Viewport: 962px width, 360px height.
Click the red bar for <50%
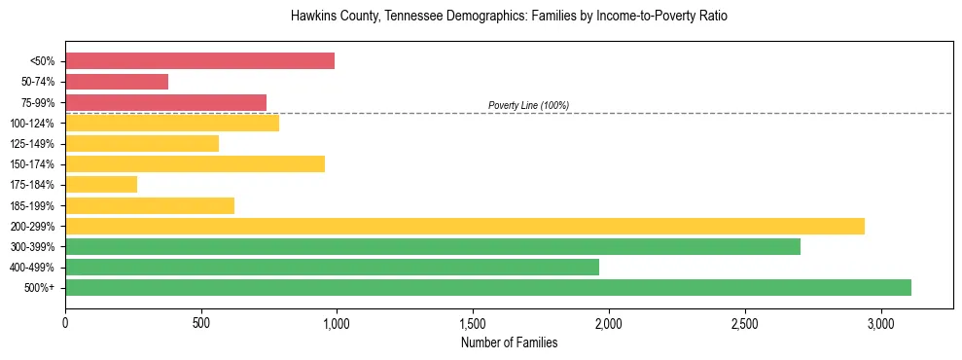point(199,61)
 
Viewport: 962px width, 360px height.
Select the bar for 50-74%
point(117,82)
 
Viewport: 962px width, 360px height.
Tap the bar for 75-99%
point(165,102)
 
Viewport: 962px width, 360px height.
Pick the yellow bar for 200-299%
point(465,226)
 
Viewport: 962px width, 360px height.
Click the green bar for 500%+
point(488,287)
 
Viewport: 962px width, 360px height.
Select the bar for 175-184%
point(101,184)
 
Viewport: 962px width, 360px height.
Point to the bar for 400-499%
point(332,267)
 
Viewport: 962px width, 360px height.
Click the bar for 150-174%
point(195,163)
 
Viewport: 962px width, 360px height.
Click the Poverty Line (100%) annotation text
point(528,105)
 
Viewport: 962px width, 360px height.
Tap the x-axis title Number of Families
point(509,342)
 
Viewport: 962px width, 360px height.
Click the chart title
point(509,17)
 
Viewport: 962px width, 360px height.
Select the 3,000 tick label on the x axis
point(880,322)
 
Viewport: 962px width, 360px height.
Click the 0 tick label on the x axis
point(65,322)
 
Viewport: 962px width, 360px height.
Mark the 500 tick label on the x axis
point(201,322)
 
